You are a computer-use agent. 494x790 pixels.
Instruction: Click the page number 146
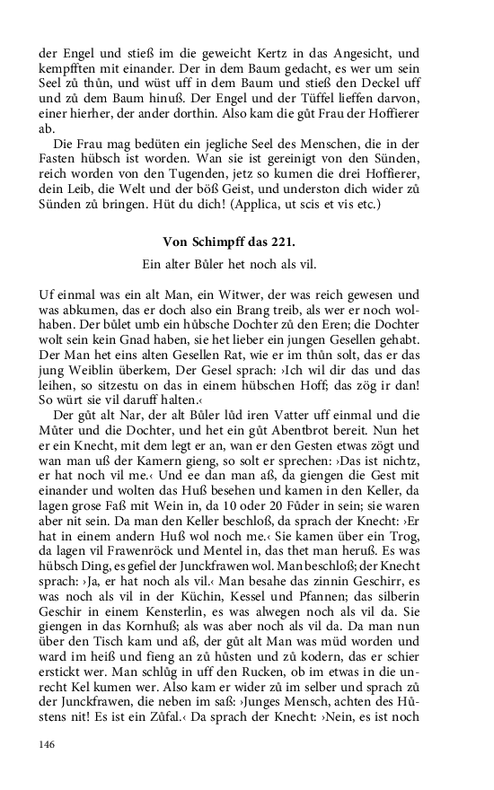(x=49, y=743)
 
